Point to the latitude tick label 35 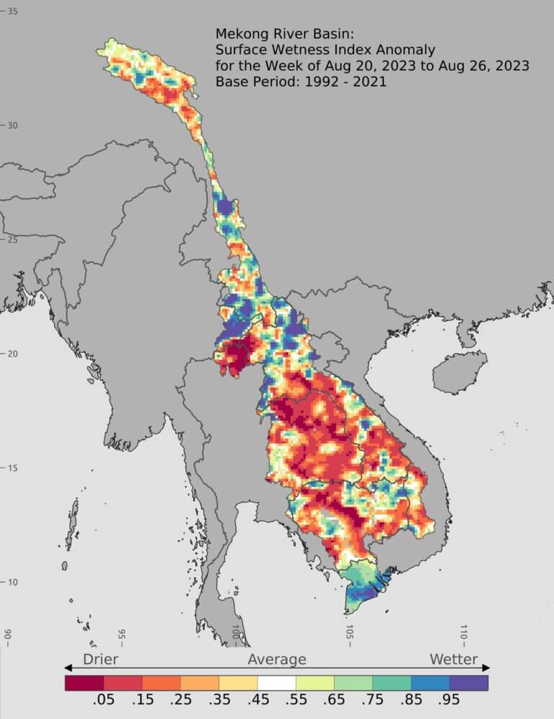tap(12, 12)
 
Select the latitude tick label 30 tap(12, 126)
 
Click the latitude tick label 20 tap(12, 354)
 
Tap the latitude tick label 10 tap(12, 583)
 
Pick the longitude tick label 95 tap(121, 635)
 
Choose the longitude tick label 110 tap(464, 635)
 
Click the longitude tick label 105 tap(349, 635)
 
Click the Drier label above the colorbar tap(100, 659)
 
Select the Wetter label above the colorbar tap(454, 659)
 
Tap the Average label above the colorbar tap(277, 659)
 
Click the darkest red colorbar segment tap(84, 682)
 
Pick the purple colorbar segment tap(469, 682)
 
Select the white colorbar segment tap(277, 682)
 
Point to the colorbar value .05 tap(104, 703)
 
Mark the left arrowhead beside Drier tap(69, 668)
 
